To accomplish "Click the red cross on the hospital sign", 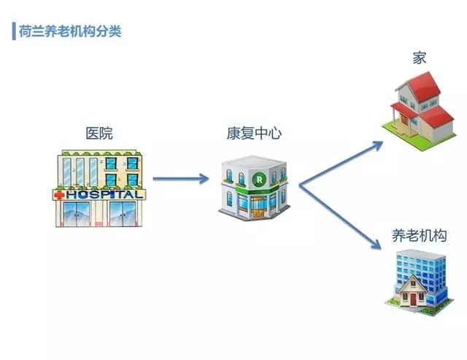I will pos(59,196).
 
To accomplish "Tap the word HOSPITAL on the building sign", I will pos(104,196).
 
